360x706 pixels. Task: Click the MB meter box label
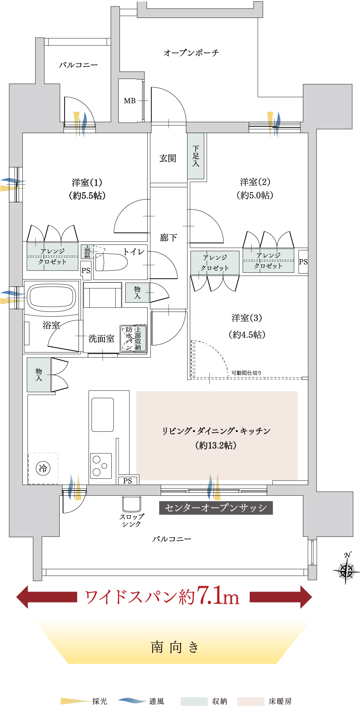tap(130, 101)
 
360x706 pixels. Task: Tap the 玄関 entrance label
tap(168, 158)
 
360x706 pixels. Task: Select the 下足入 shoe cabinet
tap(196, 156)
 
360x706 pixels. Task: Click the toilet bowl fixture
tap(111, 262)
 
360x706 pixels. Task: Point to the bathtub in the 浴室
tap(51, 297)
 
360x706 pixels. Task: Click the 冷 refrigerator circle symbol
tap(43, 469)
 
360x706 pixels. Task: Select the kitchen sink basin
tap(102, 414)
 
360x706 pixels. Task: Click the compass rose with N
tap(346, 568)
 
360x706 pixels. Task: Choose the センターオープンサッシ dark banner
tap(216, 508)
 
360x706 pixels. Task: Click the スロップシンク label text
tap(132, 520)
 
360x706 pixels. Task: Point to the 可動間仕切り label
tap(247, 373)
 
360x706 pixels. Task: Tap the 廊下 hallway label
tap(168, 238)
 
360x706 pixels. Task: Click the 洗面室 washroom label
tap(101, 339)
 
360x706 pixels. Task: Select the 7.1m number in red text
tap(218, 596)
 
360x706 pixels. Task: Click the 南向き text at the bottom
tap(175, 647)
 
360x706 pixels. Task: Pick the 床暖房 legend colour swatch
tap(250, 701)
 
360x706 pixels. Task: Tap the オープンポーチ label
tap(191, 53)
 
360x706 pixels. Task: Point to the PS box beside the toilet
tap(86, 271)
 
